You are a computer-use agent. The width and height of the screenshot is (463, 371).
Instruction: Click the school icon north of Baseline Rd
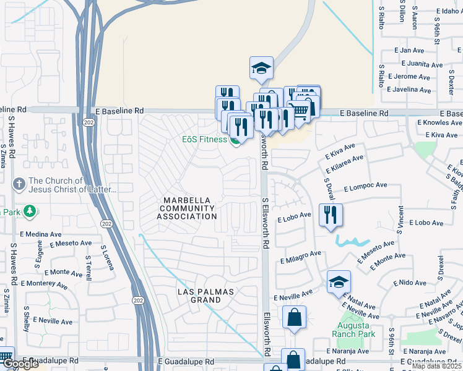pyautogui.click(x=262, y=68)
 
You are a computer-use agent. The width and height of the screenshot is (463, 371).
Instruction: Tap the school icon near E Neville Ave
pyautogui.click(x=339, y=282)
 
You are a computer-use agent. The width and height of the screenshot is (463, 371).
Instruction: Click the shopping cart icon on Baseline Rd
pyautogui.click(x=299, y=111)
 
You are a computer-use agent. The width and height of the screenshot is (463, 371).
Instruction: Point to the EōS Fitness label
pyautogui.click(x=204, y=140)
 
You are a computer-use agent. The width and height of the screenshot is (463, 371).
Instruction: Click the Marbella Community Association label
pyautogui.click(x=189, y=208)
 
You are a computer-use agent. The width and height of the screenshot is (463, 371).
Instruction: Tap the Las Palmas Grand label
pyautogui.click(x=199, y=295)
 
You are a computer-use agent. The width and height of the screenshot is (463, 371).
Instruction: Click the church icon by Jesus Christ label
pyautogui.click(x=19, y=184)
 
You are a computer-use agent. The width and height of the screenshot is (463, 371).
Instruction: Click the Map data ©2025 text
pyautogui.click(x=436, y=366)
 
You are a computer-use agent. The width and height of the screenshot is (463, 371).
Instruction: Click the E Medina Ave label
pyautogui.click(x=41, y=234)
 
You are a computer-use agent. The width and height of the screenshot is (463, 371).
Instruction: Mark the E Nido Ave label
pyautogui.click(x=413, y=283)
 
